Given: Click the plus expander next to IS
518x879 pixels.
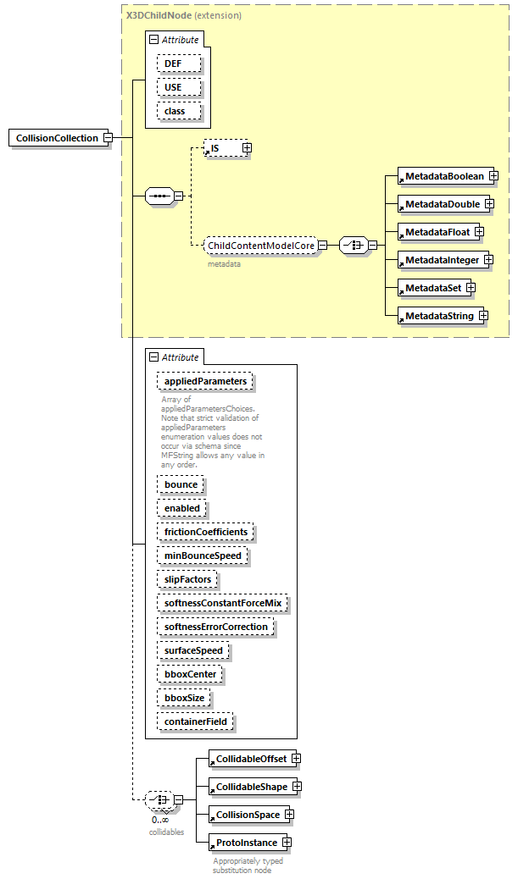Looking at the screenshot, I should [247, 148].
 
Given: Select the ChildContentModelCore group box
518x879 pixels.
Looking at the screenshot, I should [261, 246].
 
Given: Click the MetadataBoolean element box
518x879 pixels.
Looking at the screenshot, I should [443, 176].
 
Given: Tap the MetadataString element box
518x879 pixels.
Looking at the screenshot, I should [438, 316].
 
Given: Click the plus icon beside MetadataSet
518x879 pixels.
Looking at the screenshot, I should [470, 288].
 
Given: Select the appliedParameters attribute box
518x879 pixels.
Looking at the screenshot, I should [205, 381].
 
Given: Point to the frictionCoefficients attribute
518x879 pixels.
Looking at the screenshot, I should [205, 532].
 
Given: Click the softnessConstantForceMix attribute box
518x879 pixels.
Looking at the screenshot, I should [222, 603].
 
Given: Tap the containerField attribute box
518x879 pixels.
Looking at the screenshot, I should [195, 721].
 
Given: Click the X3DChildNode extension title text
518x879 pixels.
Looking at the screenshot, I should [183, 15].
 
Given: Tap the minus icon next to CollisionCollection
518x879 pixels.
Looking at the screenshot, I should [108, 138].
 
